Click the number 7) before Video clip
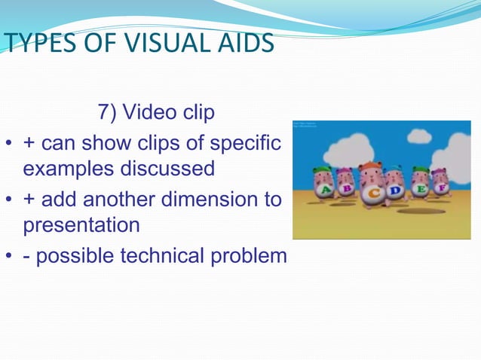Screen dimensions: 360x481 (107, 113)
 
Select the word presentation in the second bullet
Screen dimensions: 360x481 (81, 225)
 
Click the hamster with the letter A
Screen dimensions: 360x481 (324, 184)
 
